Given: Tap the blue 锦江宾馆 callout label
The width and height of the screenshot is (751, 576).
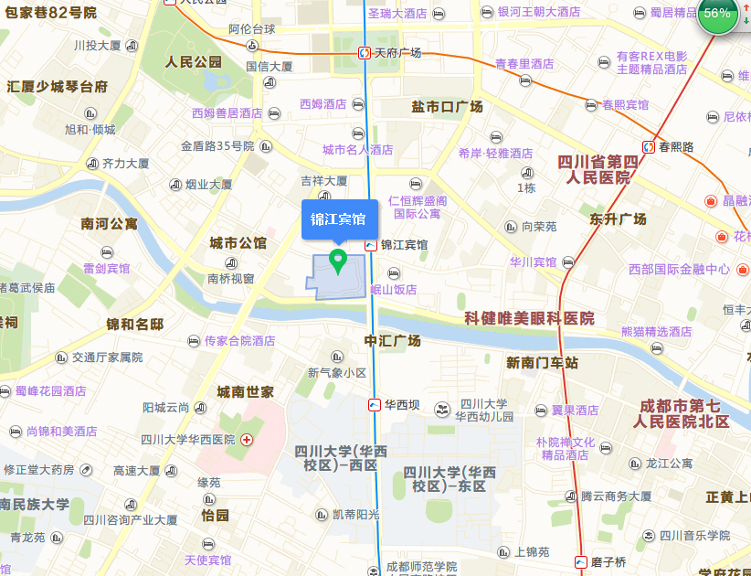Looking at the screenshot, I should tap(339, 219).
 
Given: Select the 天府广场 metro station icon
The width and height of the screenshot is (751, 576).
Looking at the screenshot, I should tap(365, 53).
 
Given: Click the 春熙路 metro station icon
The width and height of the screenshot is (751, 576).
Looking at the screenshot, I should tap(648, 146).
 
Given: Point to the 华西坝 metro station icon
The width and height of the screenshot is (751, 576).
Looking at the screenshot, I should tap(375, 405).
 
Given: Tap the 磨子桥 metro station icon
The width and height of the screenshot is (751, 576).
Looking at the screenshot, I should tap(581, 561).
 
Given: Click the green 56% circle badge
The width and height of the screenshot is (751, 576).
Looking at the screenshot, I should tap(718, 14).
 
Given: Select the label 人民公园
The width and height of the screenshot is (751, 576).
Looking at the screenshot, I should tap(194, 62).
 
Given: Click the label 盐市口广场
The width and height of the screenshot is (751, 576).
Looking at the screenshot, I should tap(447, 107).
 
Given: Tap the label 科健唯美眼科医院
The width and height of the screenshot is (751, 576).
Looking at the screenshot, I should tap(529, 318).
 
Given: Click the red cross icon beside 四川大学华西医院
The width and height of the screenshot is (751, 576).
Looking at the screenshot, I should tap(247, 440).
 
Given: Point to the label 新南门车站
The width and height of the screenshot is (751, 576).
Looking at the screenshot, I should tap(543, 363).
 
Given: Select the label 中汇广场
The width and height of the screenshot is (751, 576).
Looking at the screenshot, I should tap(393, 341).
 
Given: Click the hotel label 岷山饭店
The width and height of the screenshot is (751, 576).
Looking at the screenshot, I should tap(394, 289).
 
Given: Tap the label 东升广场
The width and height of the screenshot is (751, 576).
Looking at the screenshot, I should tap(618, 219).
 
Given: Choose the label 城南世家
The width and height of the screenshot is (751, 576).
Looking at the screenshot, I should tap(245, 392).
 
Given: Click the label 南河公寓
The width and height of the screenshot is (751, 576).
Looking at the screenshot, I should tap(109, 223).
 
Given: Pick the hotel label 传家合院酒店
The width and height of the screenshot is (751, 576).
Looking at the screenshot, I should tap(239, 340).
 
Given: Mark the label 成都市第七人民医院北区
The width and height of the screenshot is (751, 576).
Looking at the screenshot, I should tap(682, 413).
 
